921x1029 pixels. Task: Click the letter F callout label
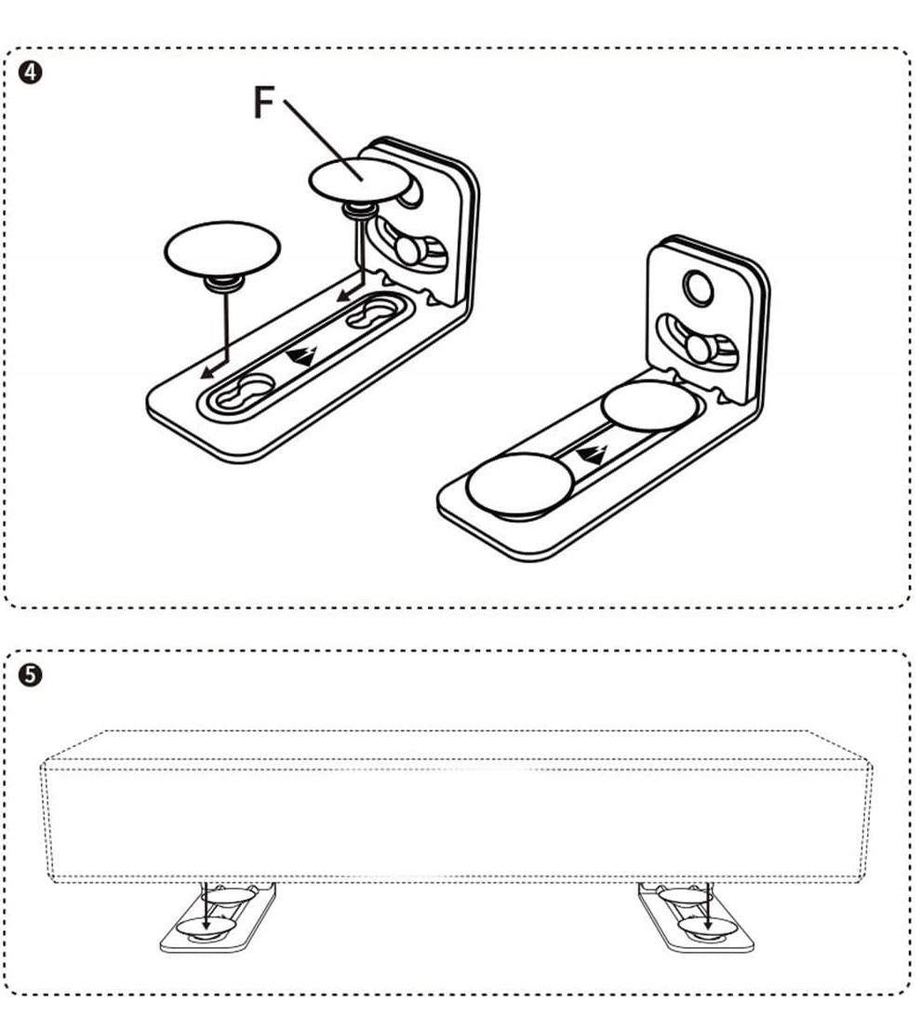tap(264, 103)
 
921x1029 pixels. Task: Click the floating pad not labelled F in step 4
tap(221, 247)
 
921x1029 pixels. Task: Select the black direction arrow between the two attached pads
tap(592, 454)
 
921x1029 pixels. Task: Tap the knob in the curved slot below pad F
tap(407, 249)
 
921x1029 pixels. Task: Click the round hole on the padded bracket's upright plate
tap(698, 290)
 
